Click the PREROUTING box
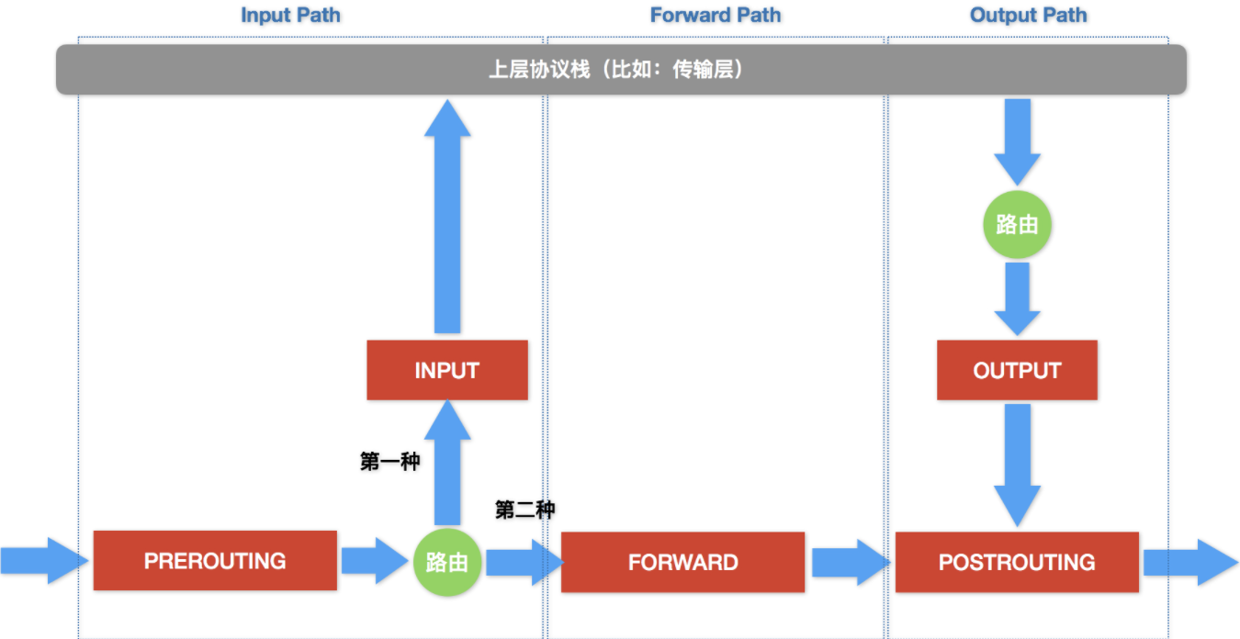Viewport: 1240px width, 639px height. tap(215, 560)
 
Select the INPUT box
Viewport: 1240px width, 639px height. tap(447, 370)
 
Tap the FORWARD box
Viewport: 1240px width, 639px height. tap(682, 562)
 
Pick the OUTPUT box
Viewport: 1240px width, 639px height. tap(1017, 370)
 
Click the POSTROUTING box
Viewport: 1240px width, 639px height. tap(1017, 562)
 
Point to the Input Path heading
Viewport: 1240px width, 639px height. tap(290, 15)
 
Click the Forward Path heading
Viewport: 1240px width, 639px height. tap(716, 15)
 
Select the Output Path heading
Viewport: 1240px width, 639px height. tap(1028, 15)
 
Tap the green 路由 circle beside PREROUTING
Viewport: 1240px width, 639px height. tap(447, 562)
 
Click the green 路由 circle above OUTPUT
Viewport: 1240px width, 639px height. tap(1017, 225)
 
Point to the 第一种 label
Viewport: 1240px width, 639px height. tap(390, 461)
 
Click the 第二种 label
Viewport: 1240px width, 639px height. tap(524, 510)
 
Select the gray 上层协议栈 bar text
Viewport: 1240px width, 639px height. tap(616, 70)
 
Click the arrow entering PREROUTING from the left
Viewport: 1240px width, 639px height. tap(44, 560)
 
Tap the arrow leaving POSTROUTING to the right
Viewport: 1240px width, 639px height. tap(1190, 562)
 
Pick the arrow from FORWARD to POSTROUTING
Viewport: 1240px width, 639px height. tap(851, 562)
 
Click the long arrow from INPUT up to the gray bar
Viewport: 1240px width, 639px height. tap(447, 217)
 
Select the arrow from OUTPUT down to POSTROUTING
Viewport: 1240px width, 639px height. tap(1017, 465)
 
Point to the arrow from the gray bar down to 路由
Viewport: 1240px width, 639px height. tap(1017, 142)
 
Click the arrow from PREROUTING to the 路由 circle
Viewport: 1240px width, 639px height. tap(375, 560)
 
